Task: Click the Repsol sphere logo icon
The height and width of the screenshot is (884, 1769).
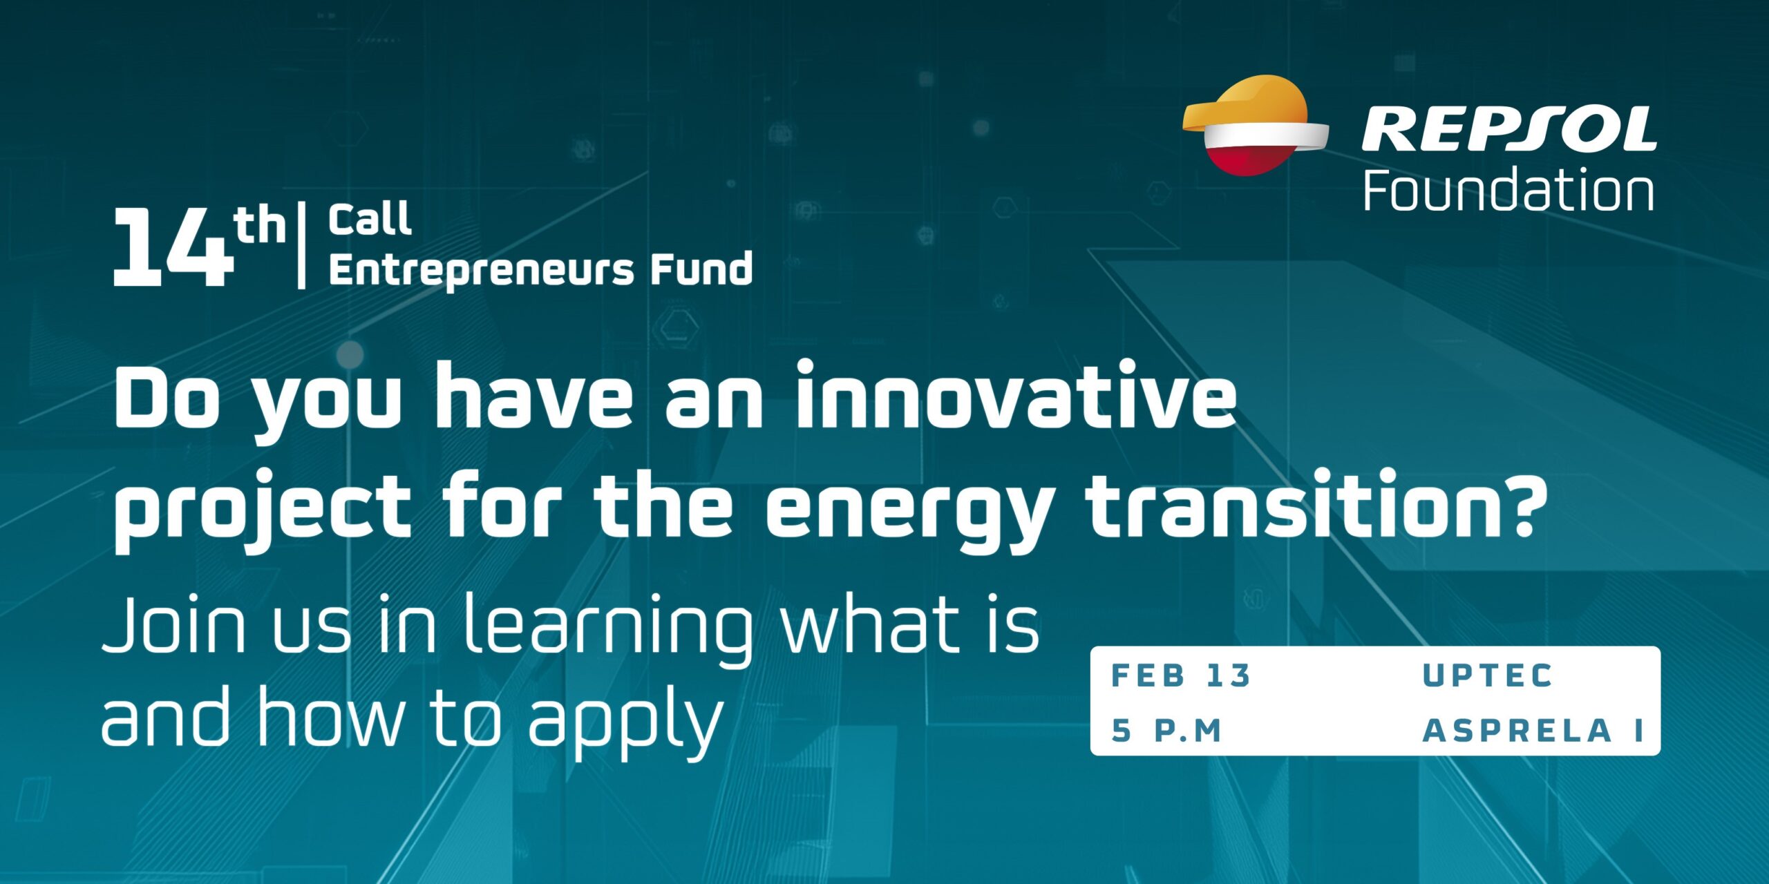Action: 1254,126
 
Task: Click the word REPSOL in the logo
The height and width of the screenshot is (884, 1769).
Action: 1509,129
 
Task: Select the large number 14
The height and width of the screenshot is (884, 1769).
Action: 172,247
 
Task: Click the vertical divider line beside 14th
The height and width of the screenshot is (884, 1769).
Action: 301,245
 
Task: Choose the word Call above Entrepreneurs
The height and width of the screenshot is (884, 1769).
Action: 370,220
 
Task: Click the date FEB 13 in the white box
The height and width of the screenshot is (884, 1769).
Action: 1181,675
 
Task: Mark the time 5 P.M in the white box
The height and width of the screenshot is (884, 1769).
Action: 1166,731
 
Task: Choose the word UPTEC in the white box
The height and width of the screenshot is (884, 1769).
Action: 1488,675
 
